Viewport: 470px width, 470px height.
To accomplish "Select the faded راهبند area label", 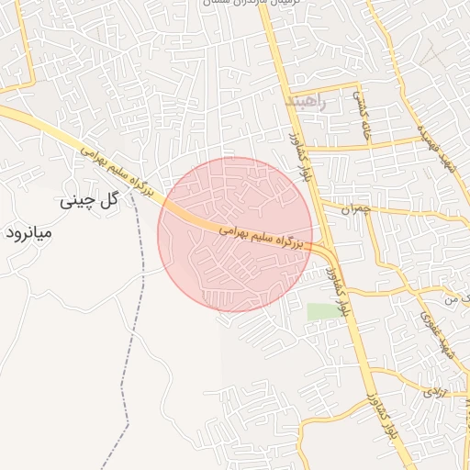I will pyautogui.click(x=306, y=100).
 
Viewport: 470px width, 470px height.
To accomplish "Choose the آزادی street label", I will pyautogui.click(x=431, y=392).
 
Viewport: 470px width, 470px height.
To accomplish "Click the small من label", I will pyautogui.click(x=450, y=298).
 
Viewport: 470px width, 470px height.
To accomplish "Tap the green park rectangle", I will pyautogui.click(x=322, y=312).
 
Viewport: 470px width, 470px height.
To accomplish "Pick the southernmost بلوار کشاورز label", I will pyautogui.click(x=385, y=431).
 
